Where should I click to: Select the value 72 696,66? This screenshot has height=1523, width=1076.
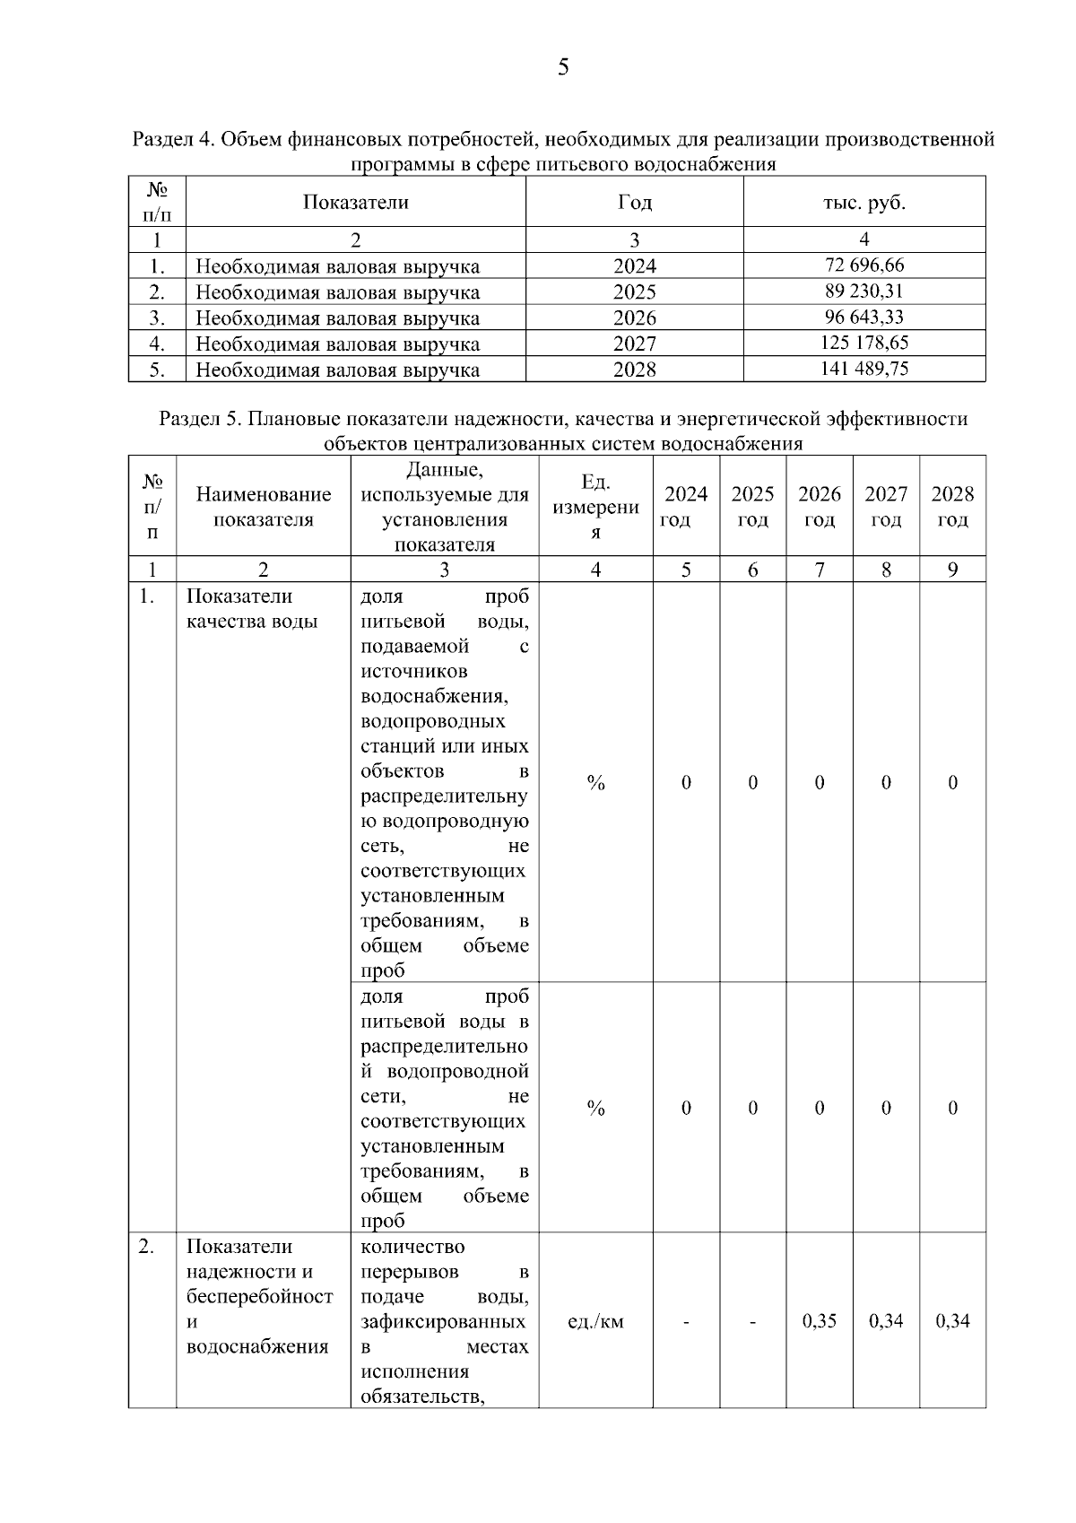tap(864, 265)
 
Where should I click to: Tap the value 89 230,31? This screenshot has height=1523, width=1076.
tap(864, 291)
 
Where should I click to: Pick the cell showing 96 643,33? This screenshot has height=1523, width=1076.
tap(864, 317)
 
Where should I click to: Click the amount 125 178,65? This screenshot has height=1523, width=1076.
tap(864, 343)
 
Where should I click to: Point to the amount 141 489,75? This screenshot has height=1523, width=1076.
tap(864, 369)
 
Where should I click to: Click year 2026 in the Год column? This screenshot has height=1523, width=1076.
tap(634, 318)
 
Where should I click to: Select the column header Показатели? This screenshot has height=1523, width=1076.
tap(355, 203)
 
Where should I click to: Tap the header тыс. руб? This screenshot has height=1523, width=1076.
tap(864, 203)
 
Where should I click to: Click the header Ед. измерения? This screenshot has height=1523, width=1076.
tap(595, 507)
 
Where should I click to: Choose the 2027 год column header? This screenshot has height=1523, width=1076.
tap(886, 507)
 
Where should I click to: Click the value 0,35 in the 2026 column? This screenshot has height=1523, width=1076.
tap(820, 1320)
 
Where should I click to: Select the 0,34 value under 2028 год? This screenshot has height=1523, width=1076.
tap(952, 1320)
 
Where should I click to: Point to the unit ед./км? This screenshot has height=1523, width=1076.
tap(595, 1320)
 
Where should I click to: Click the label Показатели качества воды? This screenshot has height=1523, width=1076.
tap(252, 609)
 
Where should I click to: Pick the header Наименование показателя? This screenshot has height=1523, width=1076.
tap(263, 507)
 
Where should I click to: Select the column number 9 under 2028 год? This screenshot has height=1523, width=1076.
tap(952, 570)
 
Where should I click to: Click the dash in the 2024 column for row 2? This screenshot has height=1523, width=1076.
tap(686, 1320)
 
